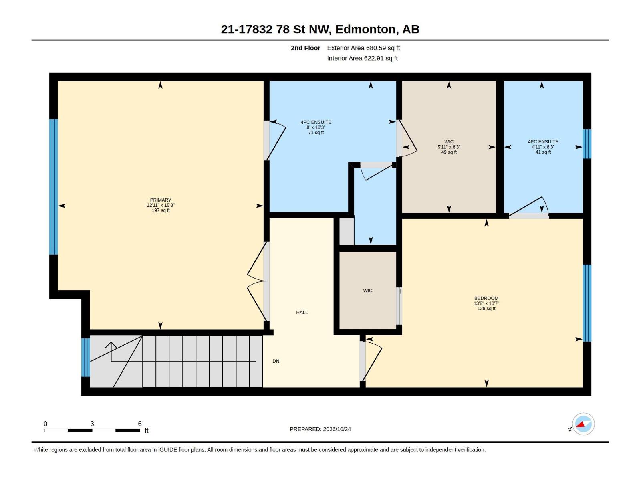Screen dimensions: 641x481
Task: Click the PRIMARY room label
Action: (160, 200)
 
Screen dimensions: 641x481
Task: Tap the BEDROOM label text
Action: (486, 298)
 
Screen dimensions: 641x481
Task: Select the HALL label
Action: (302, 313)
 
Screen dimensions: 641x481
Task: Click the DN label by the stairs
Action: (276, 361)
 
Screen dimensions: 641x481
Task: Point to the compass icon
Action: (583, 424)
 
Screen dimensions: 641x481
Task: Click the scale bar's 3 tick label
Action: (92, 424)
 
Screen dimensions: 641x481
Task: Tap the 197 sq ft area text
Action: (160, 210)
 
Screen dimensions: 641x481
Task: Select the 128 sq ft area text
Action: (486, 308)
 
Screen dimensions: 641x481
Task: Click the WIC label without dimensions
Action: (368, 291)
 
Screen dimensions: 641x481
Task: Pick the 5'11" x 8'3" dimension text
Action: (449, 147)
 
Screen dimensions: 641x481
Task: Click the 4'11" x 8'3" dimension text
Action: (543, 147)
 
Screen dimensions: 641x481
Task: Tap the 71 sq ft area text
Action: (316, 133)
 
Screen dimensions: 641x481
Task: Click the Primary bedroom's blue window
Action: (53, 187)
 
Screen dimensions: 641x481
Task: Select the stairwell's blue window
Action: (86, 358)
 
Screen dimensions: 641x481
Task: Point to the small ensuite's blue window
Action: (587, 144)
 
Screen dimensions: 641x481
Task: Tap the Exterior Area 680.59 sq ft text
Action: (363, 48)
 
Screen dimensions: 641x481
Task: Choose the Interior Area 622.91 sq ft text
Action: (362, 58)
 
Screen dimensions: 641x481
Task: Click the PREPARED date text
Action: (320, 429)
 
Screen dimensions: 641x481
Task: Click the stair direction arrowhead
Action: (111, 345)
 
